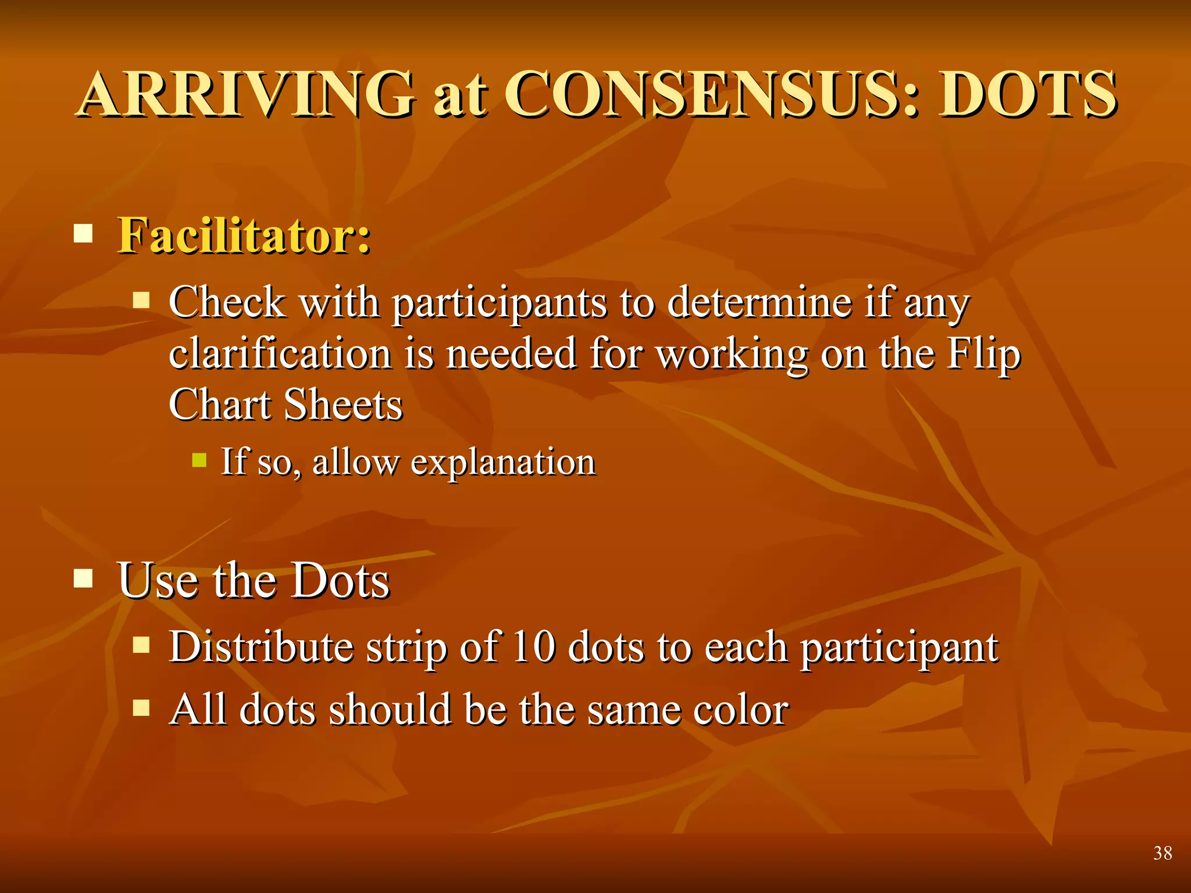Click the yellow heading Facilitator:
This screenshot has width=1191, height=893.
click(244, 235)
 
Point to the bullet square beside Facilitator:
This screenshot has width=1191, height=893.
click(84, 234)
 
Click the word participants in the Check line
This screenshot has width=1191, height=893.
click(499, 303)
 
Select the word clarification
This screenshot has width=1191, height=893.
click(280, 353)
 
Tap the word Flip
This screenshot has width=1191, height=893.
click(983, 353)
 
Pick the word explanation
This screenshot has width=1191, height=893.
click(503, 463)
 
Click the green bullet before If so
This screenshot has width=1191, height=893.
click(199, 460)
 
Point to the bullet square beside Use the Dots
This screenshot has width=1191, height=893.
click(84, 578)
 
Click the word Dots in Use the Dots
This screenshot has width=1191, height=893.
click(340, 580)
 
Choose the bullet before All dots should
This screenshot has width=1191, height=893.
click(141, 708)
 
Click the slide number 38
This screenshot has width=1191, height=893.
click(1163, 853)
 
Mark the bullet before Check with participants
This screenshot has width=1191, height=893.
click(141, 301)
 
